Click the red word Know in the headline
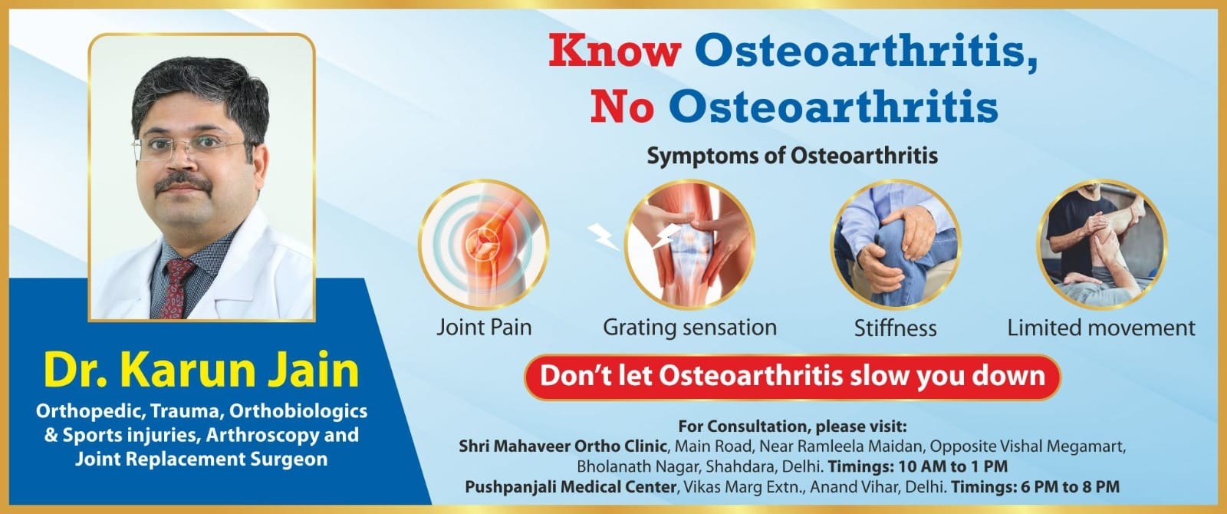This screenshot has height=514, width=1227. pyautogui.click(x=614, y=51)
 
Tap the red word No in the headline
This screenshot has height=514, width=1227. pyautogui.click(x=622, y=107)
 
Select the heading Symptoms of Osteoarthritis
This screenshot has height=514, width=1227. pyautogui.click(x=792, y=156)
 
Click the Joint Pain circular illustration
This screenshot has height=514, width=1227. pyautogui.click(x=484, y=245)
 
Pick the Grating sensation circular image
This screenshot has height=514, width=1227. pyautogui.click(x=689, y=245)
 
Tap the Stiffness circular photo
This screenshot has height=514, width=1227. pyautogui.click(x=896, y=245)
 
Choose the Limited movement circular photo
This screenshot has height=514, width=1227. pyautogui.click(x=1101, y=245)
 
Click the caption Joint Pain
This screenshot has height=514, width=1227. pyautogui.click(x=484, y=328)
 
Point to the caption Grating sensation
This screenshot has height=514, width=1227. pyautogui.click(x=689, y=328)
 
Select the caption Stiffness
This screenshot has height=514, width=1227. pyautogui.click(x=896, y=328)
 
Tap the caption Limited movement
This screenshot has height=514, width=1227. pyautogui.click(x=1101, y=328)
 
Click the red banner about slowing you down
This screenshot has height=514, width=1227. pyautogui.click(x=792, y=377)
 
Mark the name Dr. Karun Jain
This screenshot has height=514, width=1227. pyautogui.click(x=202, y=371)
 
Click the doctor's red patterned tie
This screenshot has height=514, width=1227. pyautogui.click(x=176, y=288)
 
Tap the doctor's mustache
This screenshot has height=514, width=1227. pyautogui.click(x=183, y=183)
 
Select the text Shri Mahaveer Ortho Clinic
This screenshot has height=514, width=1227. pyautogui.click(x=563, y=446)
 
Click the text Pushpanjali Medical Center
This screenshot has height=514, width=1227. pyautogui.click(x=571, y=487)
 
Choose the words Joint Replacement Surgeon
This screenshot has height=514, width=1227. pyautogui.click(x=202, y=459)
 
